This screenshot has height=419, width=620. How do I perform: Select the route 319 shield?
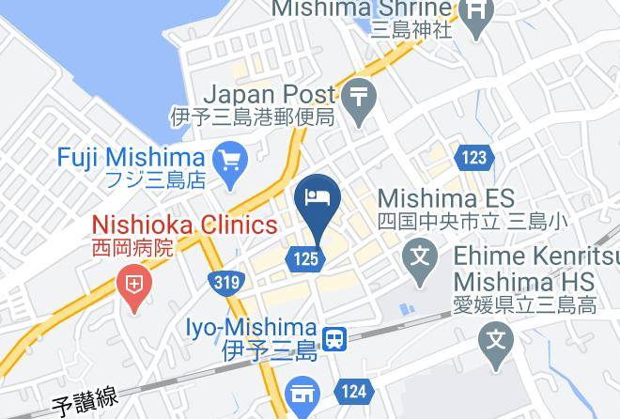[x=225, y=281]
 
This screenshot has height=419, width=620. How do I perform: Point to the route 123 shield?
[x=473, y=157]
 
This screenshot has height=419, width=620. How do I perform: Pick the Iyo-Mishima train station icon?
[x=333, y=339]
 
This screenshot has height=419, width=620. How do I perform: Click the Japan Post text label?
[x=269, y=95]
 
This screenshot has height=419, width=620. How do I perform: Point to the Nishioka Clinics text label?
[x=184, y=225]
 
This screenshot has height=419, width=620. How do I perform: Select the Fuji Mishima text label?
[x=131, y=156]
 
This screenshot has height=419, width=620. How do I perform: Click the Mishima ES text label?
[x=446, y=198]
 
